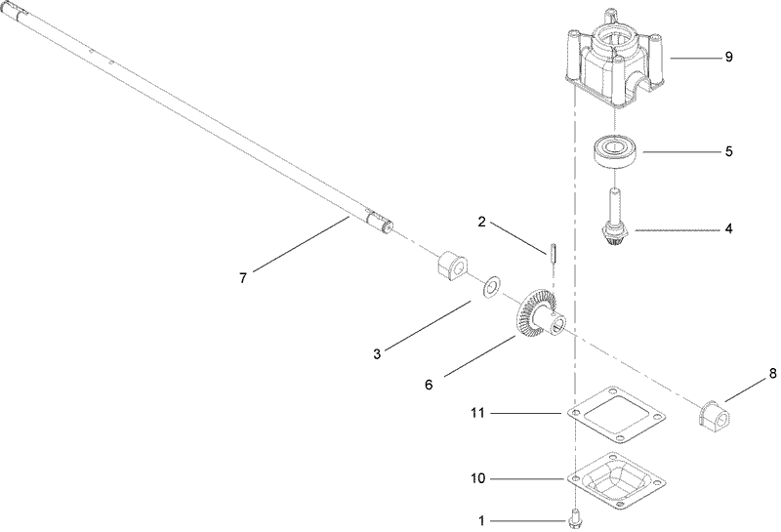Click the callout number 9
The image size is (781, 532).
coord(728,58)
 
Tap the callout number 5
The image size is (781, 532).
coord(728,152)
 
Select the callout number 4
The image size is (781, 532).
coord(728,229)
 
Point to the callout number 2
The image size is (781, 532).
coord(481,222)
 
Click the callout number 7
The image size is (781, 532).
coord(243,278)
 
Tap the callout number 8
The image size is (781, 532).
coord(771,372)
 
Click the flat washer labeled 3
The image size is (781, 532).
coord(491,287)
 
